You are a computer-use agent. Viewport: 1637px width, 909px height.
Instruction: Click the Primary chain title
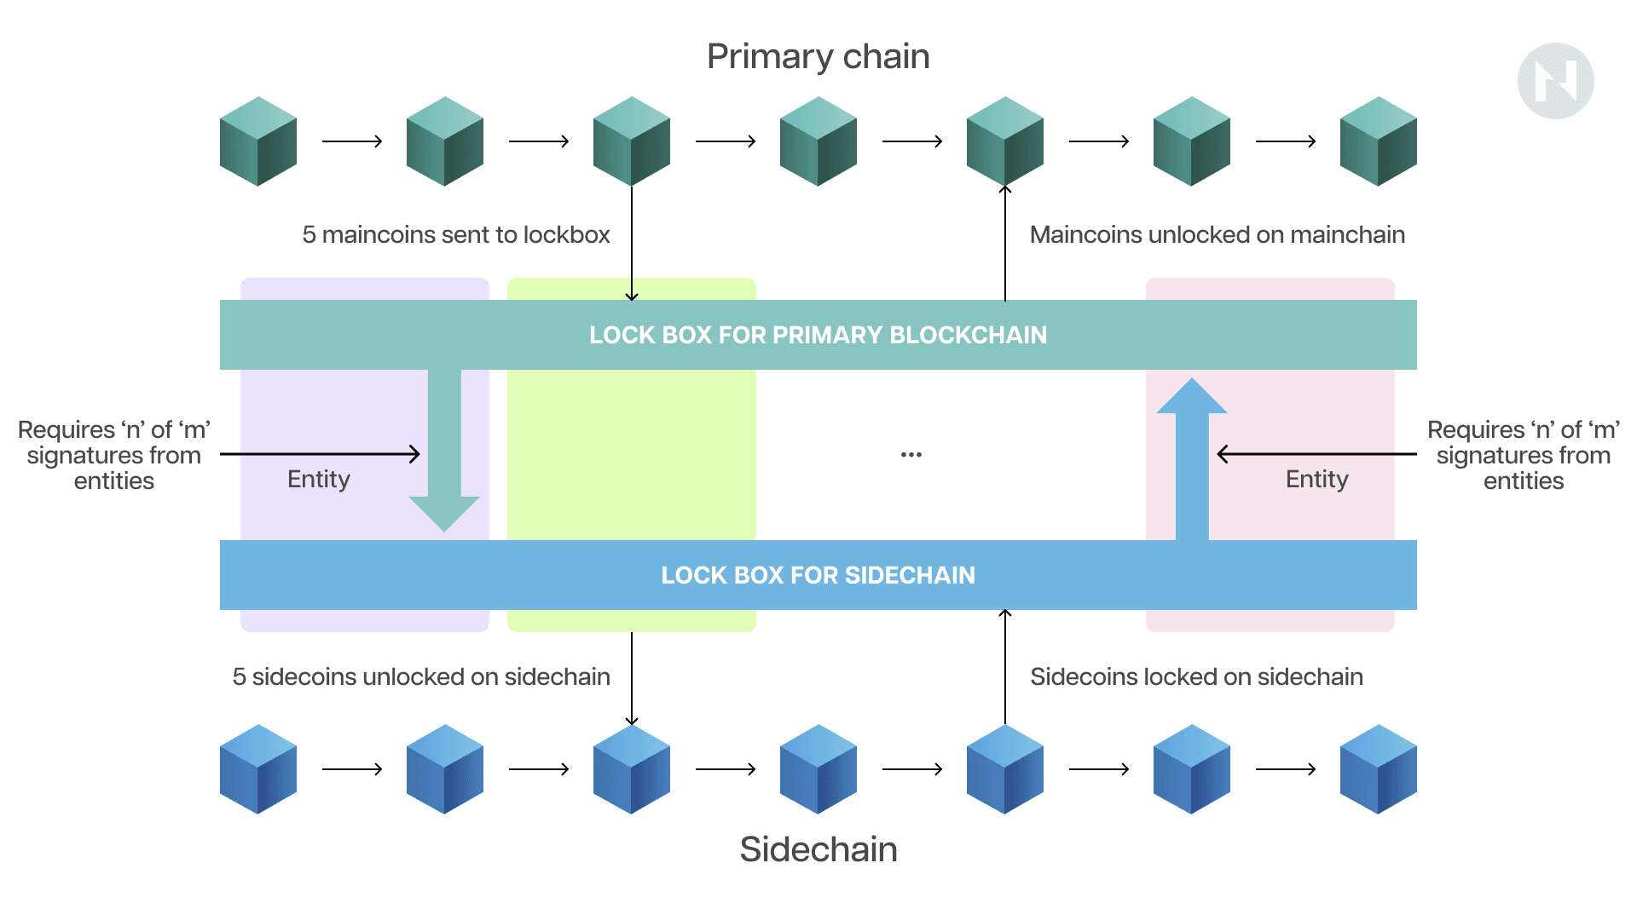pos(818,57)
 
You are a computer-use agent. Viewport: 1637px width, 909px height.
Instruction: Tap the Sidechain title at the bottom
pos(818,849)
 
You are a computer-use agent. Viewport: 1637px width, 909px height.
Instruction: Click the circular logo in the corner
pos(1555,81)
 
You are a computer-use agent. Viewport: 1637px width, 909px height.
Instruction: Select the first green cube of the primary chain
pos(258,141)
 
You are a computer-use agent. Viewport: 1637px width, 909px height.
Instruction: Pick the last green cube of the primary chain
pos(1378,141)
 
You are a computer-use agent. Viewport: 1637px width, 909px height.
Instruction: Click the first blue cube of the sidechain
pos(258,769)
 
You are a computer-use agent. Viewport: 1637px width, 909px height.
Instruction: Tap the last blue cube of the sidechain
pos(1378,769)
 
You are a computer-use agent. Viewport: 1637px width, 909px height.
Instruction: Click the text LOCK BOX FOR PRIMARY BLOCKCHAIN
pos(818,335)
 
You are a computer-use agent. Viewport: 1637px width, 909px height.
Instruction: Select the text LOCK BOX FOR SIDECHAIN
pos(818,575)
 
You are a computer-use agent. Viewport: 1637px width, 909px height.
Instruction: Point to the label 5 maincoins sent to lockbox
pos(456,235)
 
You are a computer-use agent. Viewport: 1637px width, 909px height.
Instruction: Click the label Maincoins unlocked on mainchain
pos(1217,235)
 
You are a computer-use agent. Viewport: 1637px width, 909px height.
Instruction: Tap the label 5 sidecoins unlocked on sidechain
pos(421,677)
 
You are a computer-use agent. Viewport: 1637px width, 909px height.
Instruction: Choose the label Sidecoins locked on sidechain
pos(1196,677)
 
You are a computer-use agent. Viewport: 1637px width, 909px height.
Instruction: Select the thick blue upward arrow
pos(1192,460)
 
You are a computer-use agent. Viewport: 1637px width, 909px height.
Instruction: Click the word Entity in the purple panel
pos(319,480)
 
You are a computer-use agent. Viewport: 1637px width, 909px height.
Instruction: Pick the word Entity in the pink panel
pos(1316,480)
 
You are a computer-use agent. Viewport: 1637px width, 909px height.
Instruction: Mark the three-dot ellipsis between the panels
pos(911,455)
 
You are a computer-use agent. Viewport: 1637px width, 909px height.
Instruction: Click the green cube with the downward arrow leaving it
pos(632,141)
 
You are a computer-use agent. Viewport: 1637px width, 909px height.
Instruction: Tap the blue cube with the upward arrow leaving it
pos(1004,769)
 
